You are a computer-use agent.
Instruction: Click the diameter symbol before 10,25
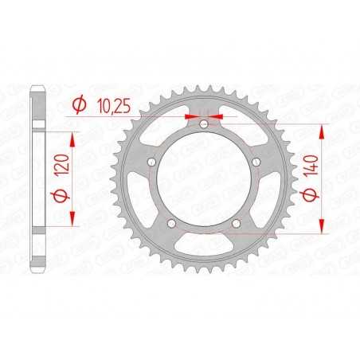point(80,104)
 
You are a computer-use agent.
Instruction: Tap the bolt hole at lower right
point(237,224)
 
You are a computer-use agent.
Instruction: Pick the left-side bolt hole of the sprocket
point(151,163)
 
